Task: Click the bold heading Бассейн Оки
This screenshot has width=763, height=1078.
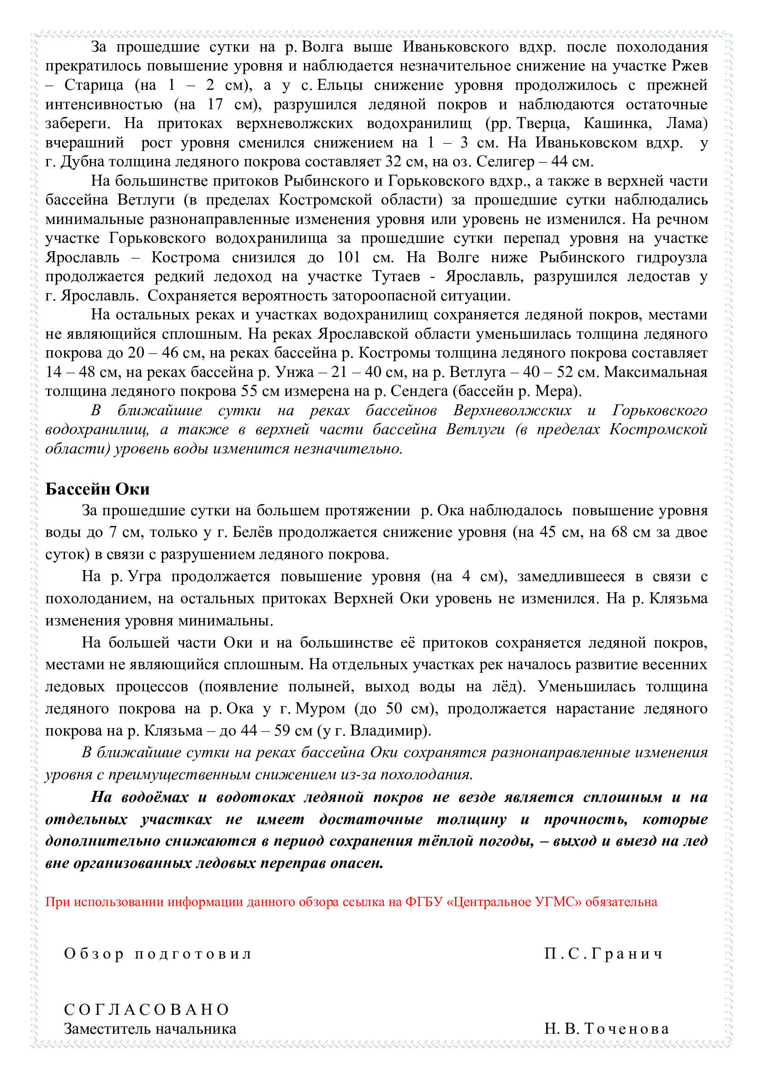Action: coord(97,489)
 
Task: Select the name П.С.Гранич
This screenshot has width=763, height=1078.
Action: coord(603,954)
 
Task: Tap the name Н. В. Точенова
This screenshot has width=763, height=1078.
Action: coord(607,1029)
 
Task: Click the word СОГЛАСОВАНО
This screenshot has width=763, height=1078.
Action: coord(147,1009)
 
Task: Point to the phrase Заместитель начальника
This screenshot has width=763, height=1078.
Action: coord(150,1029)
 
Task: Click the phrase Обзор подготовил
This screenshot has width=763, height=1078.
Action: coord(158,954)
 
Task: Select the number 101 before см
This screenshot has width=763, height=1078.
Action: coord(349,257)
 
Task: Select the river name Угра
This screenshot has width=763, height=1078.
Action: coord(145,577)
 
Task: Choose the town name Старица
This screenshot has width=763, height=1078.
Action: coord(94,85)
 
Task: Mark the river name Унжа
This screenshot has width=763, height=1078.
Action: coord(295,372)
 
